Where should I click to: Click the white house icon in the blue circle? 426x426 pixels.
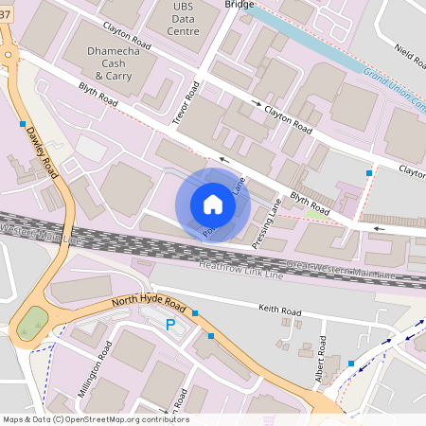tap(213, 204)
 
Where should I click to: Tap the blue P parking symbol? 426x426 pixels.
tap(171, 325)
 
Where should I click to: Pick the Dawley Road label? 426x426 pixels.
tap(42, 152)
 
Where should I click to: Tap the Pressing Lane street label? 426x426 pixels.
tap(269, 225)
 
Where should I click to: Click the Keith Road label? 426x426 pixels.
tap(279, 309)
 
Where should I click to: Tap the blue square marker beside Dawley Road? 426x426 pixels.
tap(22, 124)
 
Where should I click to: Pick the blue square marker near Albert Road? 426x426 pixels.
tap(350, 364)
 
